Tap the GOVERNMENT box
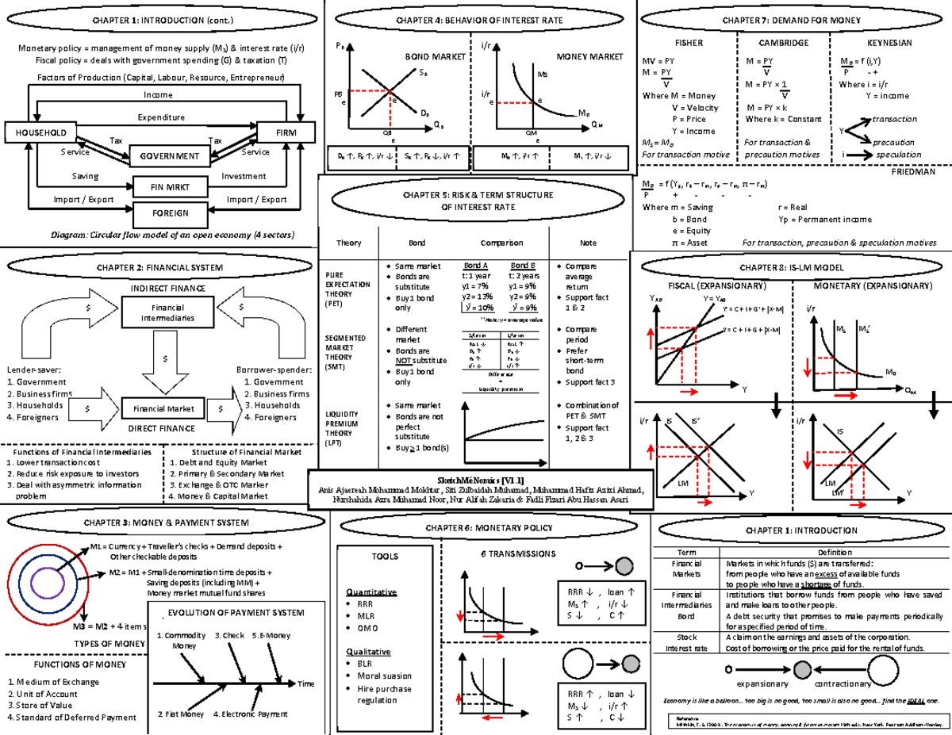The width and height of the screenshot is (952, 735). (165, 156)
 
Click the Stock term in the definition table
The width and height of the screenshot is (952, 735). (686, 637)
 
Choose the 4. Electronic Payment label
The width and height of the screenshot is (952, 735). (251, 714)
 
